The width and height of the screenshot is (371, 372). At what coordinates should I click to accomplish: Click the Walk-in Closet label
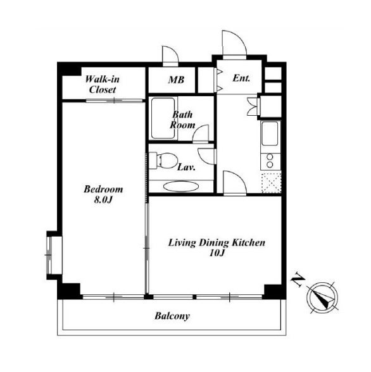pos(103,85)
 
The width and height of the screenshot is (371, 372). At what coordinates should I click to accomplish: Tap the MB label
pos(176,80)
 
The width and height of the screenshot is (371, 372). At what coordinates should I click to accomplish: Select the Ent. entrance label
pos(241,78)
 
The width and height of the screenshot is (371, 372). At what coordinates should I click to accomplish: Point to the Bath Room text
pos(182,120)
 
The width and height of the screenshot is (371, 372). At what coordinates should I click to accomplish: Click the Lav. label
pos(186,167)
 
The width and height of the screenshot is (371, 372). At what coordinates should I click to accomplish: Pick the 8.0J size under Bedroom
pos(103,200)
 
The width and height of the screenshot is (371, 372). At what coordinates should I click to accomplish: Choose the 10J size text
pos(217,253)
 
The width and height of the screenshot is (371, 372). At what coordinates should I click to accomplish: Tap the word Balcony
pos(172,316)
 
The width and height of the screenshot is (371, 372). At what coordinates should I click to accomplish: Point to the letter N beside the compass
pos(298,280)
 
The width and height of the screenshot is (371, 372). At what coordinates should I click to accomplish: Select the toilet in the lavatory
pos(164,161)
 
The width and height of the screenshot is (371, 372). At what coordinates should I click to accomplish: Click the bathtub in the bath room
pos(163,118)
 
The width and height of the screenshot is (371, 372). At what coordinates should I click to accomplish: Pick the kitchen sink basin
pos(270,133)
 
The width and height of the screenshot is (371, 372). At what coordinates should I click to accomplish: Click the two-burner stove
pos(270,161)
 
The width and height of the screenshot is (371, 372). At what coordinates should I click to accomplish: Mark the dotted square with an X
pos(272,183)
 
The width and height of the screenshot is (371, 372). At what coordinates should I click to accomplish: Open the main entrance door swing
pos(234,44)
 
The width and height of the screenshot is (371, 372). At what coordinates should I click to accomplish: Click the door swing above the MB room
pos(170,56)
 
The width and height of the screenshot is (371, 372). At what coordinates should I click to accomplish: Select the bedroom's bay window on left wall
pos(52,256)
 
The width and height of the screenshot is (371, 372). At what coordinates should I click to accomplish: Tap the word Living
pos(182,243)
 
